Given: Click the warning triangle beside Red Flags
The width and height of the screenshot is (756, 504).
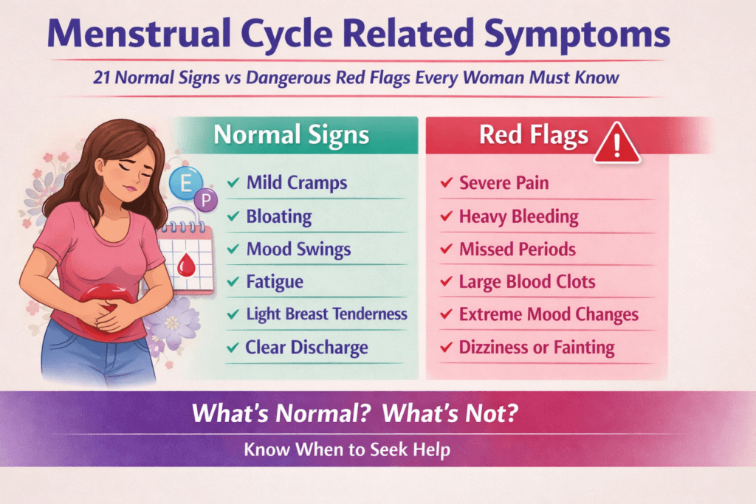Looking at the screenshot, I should pyautogui.click(x=617, y=142).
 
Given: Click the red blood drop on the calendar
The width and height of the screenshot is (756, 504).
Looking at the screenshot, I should pyautogui.click(x=187, y=262).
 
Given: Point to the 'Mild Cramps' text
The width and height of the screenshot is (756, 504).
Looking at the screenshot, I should pyautogui.click(x=297, y=182).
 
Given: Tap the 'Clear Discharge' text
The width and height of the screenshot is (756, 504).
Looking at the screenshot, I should pyautogui.click(x=307, y=347).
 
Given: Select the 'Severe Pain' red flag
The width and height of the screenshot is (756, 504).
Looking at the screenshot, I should pyautogui.click(x=504, y=182).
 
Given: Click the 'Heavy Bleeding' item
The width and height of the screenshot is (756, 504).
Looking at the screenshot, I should pyautogui.click(x=518, y=217).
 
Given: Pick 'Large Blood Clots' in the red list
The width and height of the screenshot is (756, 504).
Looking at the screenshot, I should pyautogui.click(x=527, y=282).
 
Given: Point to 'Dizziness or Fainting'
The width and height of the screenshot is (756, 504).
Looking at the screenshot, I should pyautogui.click(x=537, y=347).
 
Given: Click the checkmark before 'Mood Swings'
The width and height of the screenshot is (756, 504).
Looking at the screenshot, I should pyautogui.click(x=233, y=249).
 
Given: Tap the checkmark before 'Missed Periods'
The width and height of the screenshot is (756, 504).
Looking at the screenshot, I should pyautogui.click(x=446, y=249).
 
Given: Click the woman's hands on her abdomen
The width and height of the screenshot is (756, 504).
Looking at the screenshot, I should pyautogui.click(x=111, y=314).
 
